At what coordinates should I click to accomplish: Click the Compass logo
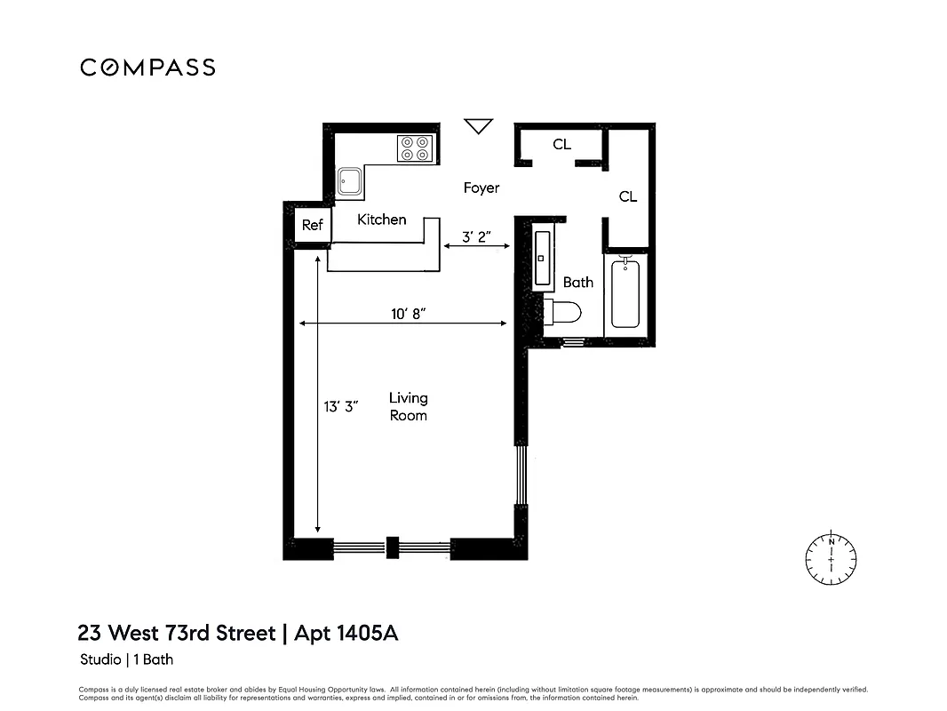coord(147,68)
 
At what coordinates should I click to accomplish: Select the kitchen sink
coord(349,182)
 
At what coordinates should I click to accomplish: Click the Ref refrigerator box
coord(312,226)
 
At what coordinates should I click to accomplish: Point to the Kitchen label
coord(382,220)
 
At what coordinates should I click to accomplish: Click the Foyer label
coord(481,188)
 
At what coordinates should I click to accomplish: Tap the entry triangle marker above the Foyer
coord(479,126)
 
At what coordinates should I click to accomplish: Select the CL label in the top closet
coord(561,144)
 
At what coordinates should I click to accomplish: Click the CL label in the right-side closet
coord(628,196)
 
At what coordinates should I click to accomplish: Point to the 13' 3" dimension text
coord(340,406)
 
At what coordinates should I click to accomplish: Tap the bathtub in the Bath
coord(625,293)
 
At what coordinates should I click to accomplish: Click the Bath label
coord(578,283)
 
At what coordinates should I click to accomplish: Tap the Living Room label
coord(409,406)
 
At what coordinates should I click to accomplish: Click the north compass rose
coord(832,559)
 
